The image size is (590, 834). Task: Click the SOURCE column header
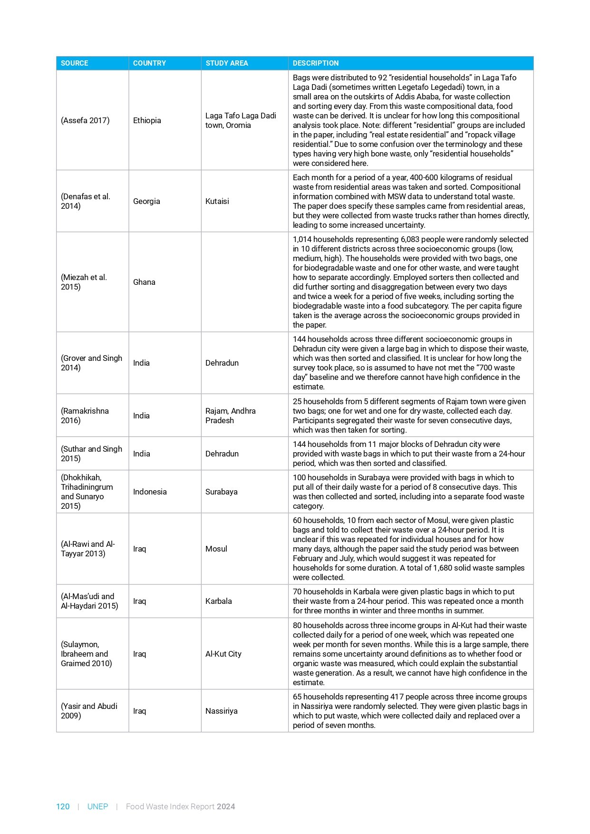75,63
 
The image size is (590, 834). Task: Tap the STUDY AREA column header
227,63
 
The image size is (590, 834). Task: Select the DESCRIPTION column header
316,63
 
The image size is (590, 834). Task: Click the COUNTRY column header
149,63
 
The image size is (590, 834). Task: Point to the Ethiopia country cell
147,120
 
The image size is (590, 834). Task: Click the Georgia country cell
146,201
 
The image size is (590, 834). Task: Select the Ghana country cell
144,282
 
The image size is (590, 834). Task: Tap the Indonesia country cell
150,492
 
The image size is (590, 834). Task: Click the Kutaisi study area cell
217,201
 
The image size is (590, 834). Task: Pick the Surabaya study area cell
221,492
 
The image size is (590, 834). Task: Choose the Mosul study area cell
216,549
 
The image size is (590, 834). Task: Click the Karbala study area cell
219,601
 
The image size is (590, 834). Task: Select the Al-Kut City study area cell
223,654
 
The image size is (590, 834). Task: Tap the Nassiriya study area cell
221,711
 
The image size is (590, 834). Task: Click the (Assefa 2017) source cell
85,120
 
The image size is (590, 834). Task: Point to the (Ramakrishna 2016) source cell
85,416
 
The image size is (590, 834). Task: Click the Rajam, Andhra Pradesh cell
231,416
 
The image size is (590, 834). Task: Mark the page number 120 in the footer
63,806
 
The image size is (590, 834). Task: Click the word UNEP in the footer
97,806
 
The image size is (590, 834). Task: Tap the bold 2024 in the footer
226,806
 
